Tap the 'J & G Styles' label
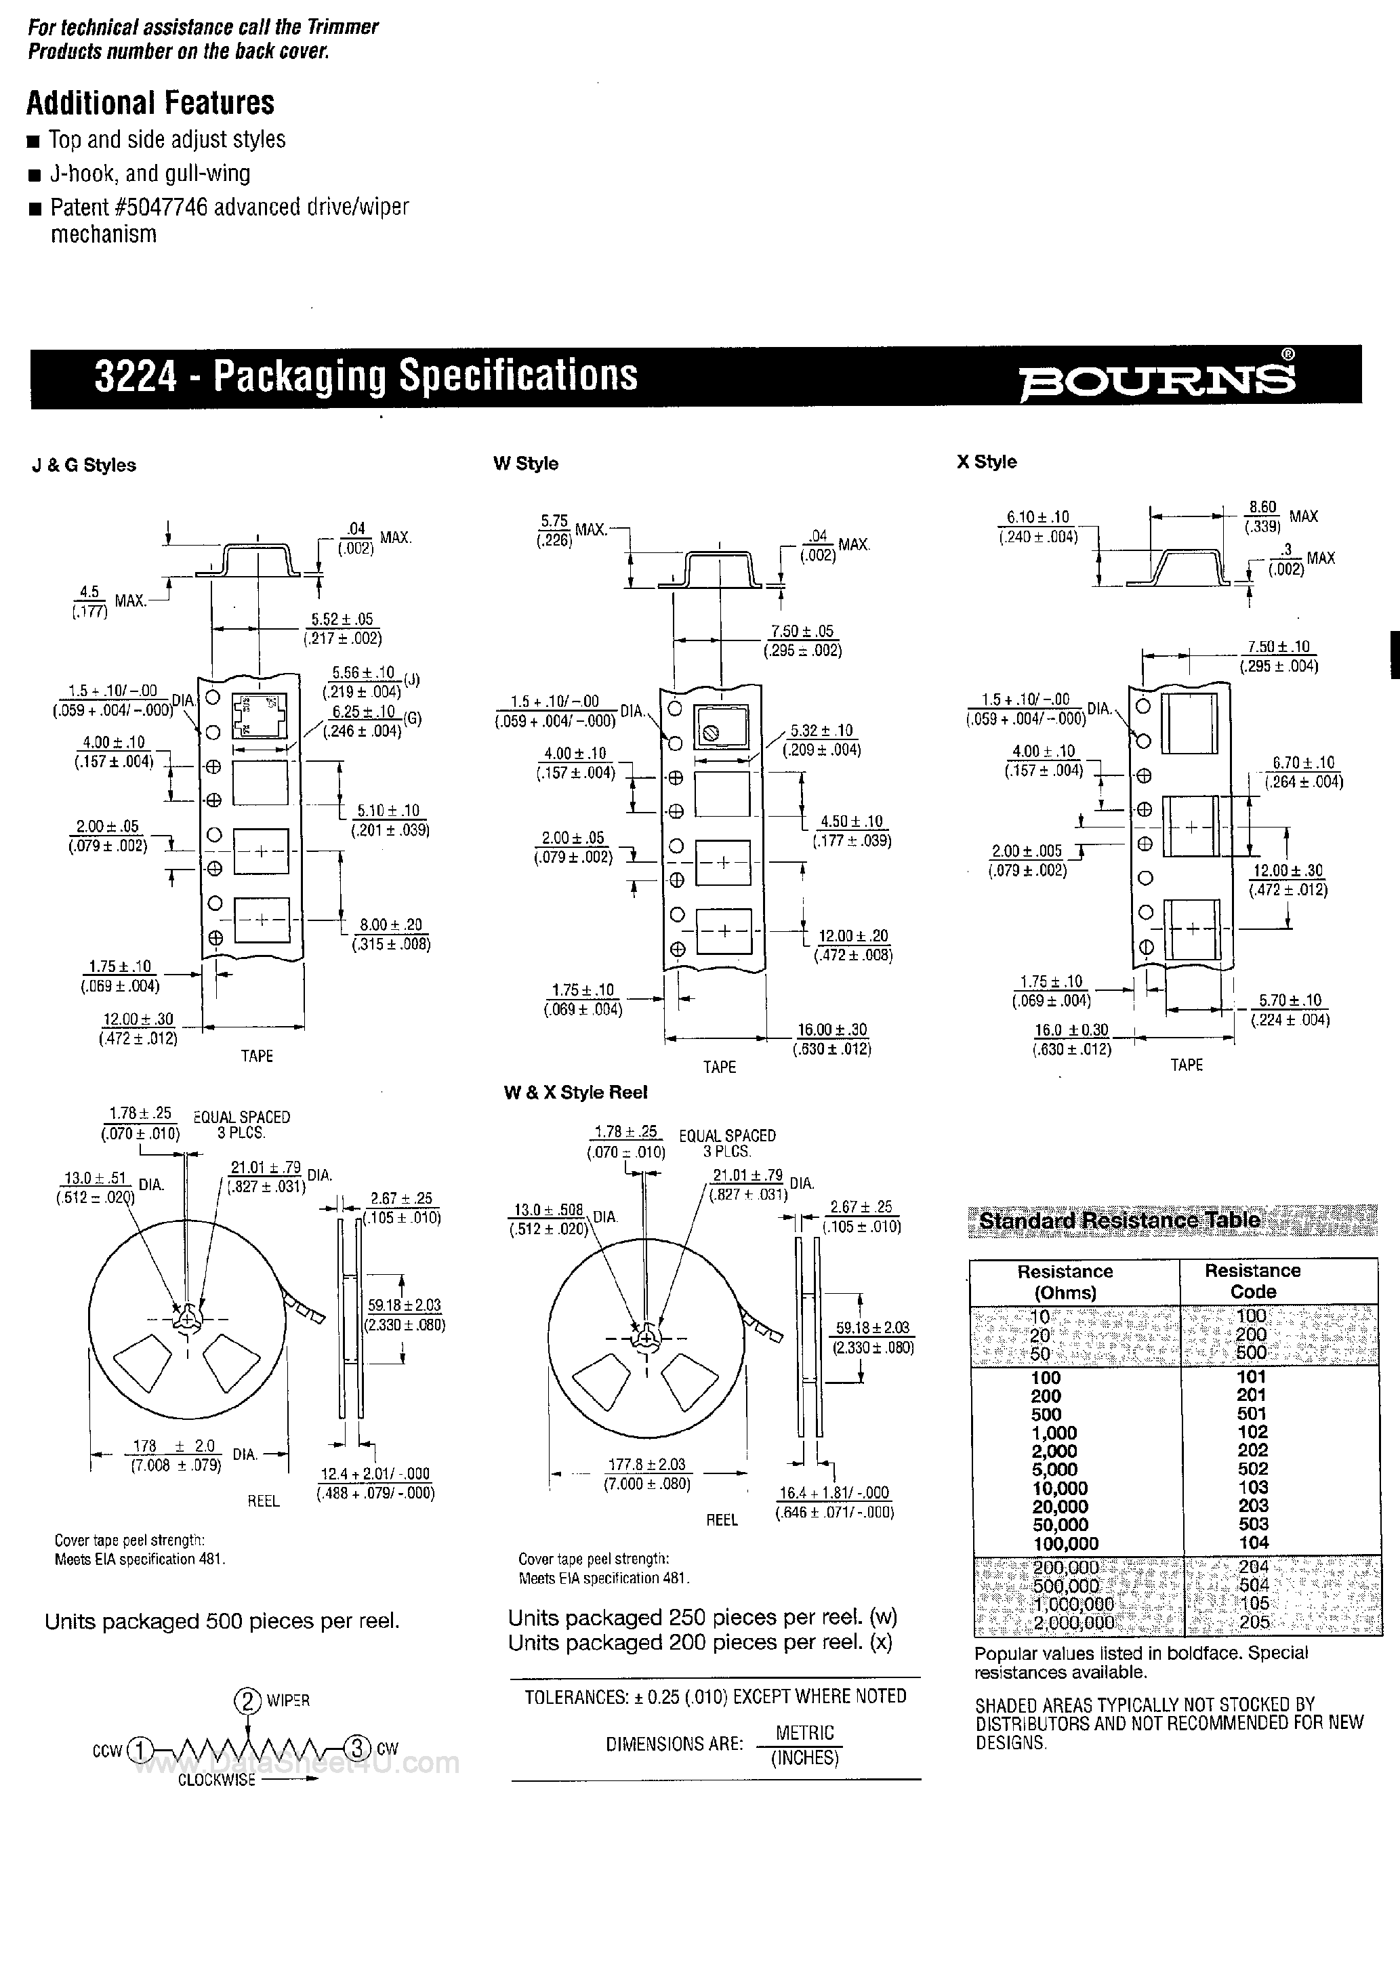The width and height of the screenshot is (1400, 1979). pyautogui.click(x=83, y=466)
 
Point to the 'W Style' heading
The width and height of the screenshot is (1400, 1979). pyautogui.click(x=525, y=464)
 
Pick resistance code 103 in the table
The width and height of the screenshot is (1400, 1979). pyautogui.click(x=1252, y=1487)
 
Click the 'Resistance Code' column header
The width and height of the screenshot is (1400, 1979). pyautogui.click(x=1252, y=1281)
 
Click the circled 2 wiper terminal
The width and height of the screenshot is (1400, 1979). pyautogui.click(x=247, y=1700)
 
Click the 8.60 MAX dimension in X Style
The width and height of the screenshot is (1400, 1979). pyautogui.click(x=1263, y=516)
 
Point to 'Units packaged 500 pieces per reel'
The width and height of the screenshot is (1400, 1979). pyautogui.click(x=222, y=1621)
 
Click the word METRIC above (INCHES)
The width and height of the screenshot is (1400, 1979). pyautogui.click(x=804, y=1732)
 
